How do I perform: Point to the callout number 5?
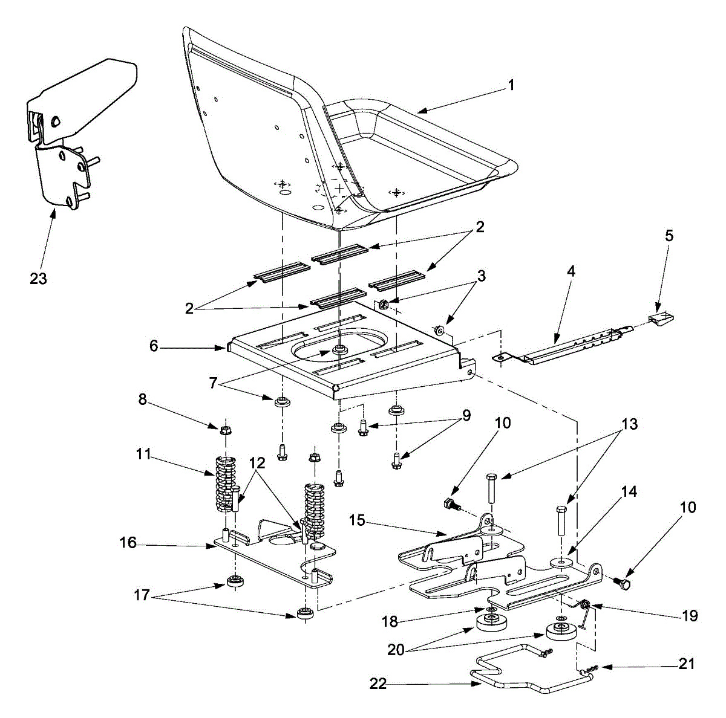coord(668,235)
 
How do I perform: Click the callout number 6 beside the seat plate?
coord(154,346)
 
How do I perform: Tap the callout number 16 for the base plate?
coord(128,543)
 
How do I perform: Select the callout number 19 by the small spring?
coord(689,616)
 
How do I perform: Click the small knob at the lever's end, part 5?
coord(662,316)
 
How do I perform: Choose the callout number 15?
coord(357,520)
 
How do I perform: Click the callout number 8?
coord(142,399)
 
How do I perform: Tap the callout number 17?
coord(142,595)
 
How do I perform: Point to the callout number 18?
coord(390,621)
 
